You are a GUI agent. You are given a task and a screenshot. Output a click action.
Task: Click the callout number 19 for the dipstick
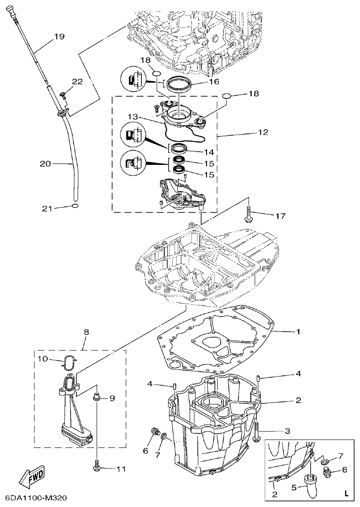pyautogui.click(x=60, y=36)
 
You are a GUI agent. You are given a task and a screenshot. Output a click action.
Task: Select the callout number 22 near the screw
pyautogui.click(x=77, y=81)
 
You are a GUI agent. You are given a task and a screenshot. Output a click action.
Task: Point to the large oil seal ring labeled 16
pyautogui.click(x=179, y=85)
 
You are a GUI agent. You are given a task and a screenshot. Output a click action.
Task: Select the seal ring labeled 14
pyautogui.click(x=178, y=148)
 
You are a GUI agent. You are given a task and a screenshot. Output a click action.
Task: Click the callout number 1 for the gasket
pyautogui.click(x=298, y=331)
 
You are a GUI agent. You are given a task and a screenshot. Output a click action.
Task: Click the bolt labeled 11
pyautogui.click(x=97, y=466)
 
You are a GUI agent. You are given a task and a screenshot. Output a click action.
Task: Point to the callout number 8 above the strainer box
pyautogui.click(x=86, y=331)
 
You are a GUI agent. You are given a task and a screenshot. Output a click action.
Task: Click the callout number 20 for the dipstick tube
pyautogui.click(x=45, y=163)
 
